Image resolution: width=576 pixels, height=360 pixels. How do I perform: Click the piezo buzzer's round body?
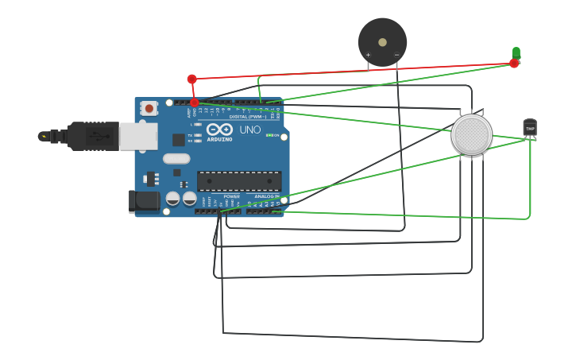[x=382, y=41]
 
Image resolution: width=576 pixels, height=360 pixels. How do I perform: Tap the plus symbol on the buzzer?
[x=368, y=55]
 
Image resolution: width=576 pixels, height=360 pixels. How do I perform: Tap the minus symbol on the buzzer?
[x=396, y=55]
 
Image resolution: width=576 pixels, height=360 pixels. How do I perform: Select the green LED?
[x=516, y=52]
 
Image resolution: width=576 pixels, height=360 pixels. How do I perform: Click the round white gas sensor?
[x=471, y=134]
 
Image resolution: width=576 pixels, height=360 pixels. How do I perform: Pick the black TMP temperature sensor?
[x=530, y=127]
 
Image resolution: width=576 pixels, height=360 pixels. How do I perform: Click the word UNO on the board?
[x=250, y=130]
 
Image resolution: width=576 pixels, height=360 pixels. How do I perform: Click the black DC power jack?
[x=145, y=201]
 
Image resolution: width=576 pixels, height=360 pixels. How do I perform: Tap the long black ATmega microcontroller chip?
[x=238, y=181]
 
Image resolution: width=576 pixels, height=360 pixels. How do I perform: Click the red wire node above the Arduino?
[x=191, y=79]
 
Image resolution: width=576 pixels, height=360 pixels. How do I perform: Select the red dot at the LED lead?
[x=514, y=64]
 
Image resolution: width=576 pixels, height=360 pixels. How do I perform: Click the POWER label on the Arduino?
[x=231, y=196]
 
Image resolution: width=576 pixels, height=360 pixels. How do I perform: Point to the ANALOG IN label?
[x=266, y=196]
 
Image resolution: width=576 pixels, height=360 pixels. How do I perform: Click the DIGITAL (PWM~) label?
[x=249, y=116]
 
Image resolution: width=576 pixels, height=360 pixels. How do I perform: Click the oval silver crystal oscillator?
[x=176, y=158]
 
